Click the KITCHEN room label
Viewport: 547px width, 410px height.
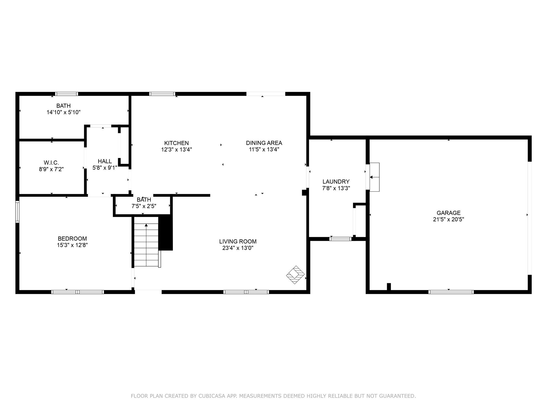click(x=176, y=143)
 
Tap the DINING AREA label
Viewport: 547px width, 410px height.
click(x=264, y=143)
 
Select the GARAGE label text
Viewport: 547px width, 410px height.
click(x=448, y=213)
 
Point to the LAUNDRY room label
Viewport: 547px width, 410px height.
click(x=336, y=182)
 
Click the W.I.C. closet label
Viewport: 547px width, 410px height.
click(x=51, y=163)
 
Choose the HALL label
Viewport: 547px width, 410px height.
click(x=105, y=161)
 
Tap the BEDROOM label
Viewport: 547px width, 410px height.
click(x=72, y=239)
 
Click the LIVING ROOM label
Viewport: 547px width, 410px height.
click(x=238, y=242)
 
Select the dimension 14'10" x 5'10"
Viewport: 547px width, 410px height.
click(x=64, y=112)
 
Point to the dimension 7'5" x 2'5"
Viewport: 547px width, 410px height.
click(x=144, y=206)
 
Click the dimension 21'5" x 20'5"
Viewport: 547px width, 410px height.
click(x=448, y=219)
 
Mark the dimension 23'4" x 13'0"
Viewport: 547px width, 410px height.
click(x=238, y=248)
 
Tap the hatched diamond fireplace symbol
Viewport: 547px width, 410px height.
click(x=295, y=275)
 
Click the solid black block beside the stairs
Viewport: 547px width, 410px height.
click(x=166, y=233)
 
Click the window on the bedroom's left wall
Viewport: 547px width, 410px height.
click(x=17, y=212)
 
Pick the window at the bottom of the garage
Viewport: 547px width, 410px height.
click(x=451, y=292)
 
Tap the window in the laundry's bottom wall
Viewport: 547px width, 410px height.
click(x=340, y=239)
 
